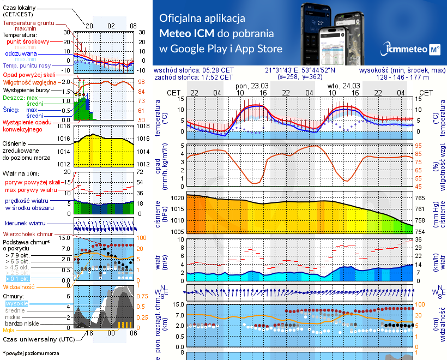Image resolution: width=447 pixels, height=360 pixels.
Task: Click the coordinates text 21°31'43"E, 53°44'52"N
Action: pos(300,70)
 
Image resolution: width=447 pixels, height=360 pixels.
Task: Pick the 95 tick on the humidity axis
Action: pos(419,146)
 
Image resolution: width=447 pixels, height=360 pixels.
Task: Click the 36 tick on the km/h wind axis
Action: pos(419,239)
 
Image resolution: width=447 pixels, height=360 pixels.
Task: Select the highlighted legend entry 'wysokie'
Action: pos(17,303)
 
